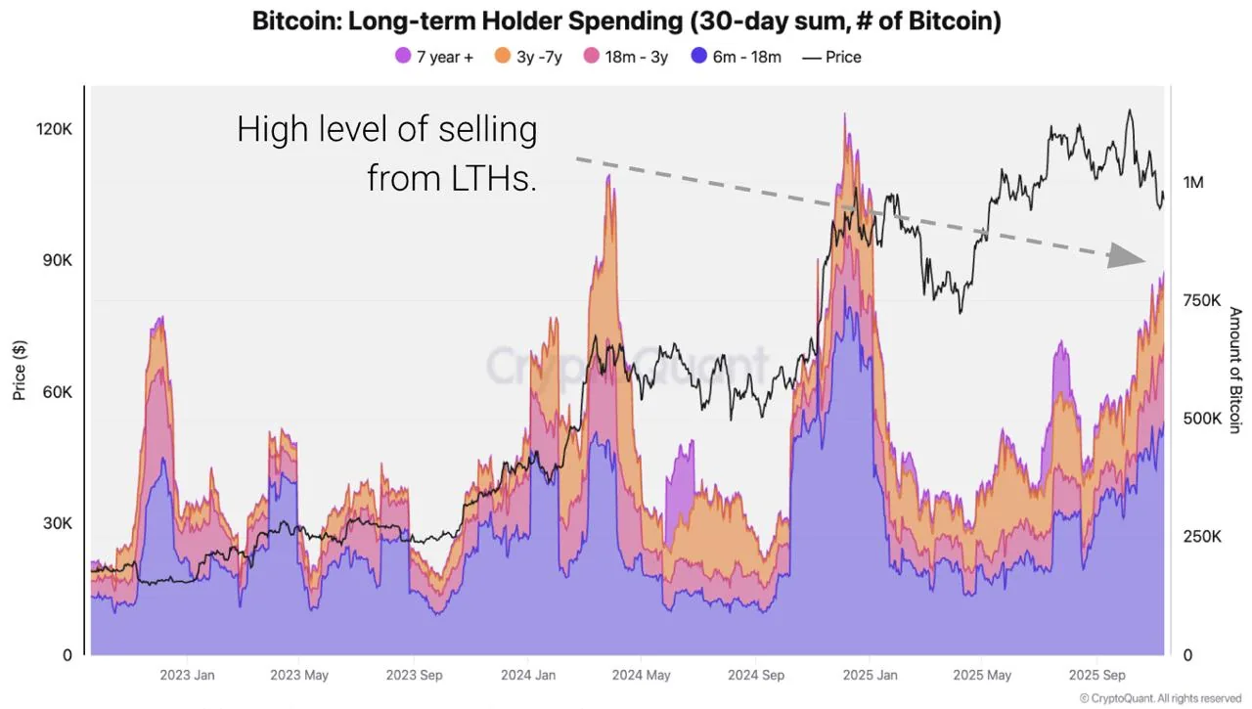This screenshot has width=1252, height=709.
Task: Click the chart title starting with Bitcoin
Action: (x=626, y=22)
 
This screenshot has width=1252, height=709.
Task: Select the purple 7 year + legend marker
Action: (x=403, y=57)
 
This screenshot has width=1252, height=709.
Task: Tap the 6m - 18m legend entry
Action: (x=736, y=57)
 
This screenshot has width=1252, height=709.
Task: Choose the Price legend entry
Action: (x=831, y=57)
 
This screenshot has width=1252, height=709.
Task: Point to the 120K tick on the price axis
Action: (x=55, y=130)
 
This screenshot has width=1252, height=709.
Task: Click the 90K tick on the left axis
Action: (x=58, y=261)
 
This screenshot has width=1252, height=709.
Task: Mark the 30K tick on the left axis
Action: (x=58, y=523)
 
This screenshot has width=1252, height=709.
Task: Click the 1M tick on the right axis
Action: (x=1193, y=183)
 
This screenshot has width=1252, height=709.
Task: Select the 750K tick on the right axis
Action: (x=1201, y=300)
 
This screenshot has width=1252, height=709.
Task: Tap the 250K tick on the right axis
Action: (x=1201, y=537)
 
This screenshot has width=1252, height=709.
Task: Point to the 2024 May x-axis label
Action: (x=641, y=675)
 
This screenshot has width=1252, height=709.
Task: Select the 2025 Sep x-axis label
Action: (x=1097, y=675)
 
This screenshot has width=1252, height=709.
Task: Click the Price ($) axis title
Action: (x=19, y=370)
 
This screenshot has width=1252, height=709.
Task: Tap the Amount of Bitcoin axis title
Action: (x=1234, y=370)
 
